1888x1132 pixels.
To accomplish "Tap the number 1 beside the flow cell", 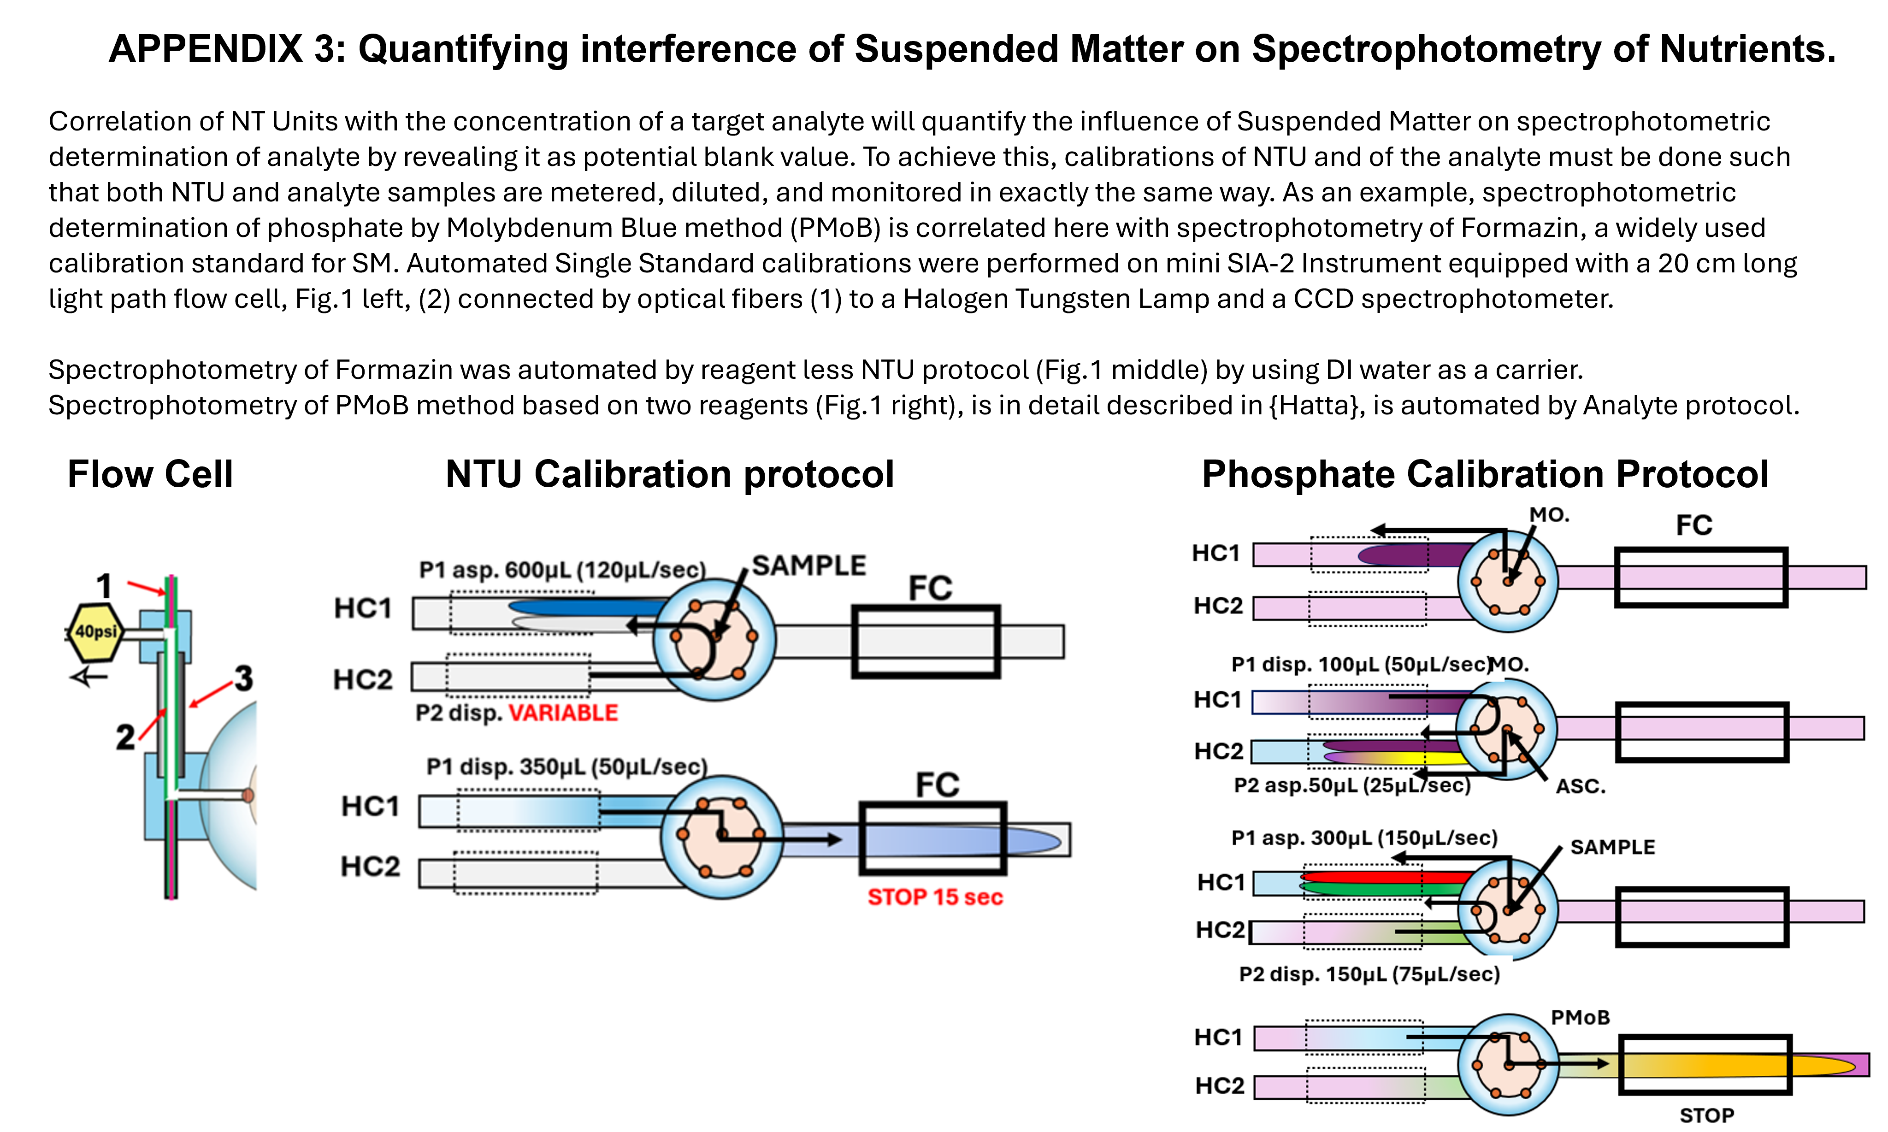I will pos(105,586).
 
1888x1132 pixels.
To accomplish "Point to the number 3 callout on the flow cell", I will pos(243,678).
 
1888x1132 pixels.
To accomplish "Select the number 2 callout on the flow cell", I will pos(125,737).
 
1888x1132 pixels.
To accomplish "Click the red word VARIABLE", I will pos(563,713).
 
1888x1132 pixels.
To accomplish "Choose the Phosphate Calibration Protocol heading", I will pos(1485,474).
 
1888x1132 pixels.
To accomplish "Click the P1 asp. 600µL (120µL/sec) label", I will pos(563,570).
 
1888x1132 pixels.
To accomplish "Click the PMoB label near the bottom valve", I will pos(1580,1018).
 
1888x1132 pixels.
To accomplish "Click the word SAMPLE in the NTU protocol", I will pos(808,565).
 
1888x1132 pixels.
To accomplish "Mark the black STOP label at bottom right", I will pos(1706,1115).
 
